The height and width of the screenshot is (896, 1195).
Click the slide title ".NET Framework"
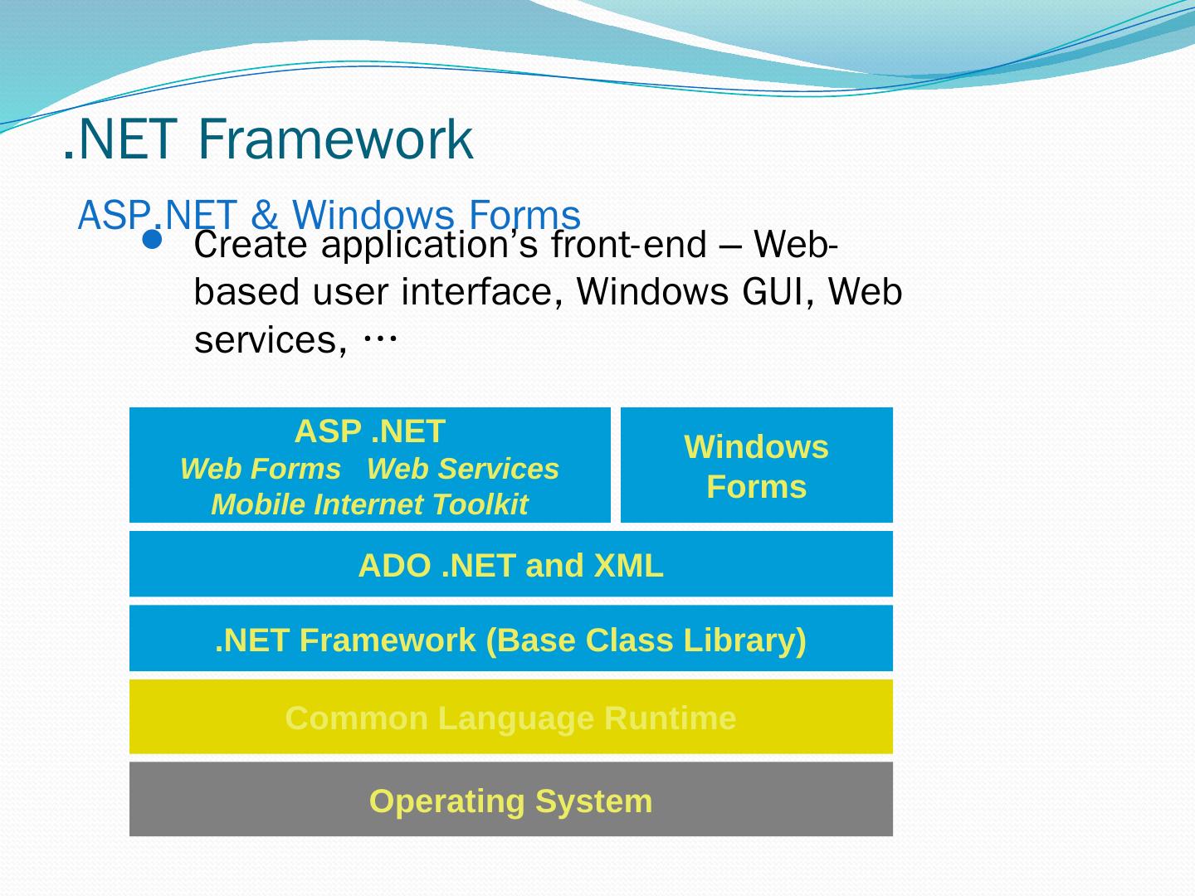pos(268,139)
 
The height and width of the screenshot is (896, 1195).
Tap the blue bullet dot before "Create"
pos(153,240)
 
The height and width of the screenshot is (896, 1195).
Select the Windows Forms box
pos(756,465)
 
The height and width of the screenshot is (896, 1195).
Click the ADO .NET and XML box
pos(510,564)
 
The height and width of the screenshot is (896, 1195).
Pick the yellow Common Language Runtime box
pos(510,717)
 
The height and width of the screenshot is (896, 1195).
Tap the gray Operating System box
pos(510,800)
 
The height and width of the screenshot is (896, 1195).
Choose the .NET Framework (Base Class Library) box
pos(510,639)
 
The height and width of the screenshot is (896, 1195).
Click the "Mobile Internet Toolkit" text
pos(369,504)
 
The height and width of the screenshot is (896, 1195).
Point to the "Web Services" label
pos(462,469)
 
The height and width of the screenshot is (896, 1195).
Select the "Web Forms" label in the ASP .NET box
pos(260,469)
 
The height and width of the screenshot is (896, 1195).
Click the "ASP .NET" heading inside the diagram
pos(369,431)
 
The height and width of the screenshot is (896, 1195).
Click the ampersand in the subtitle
pos(265,215)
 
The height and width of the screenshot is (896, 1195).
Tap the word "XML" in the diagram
pos(628,565)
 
